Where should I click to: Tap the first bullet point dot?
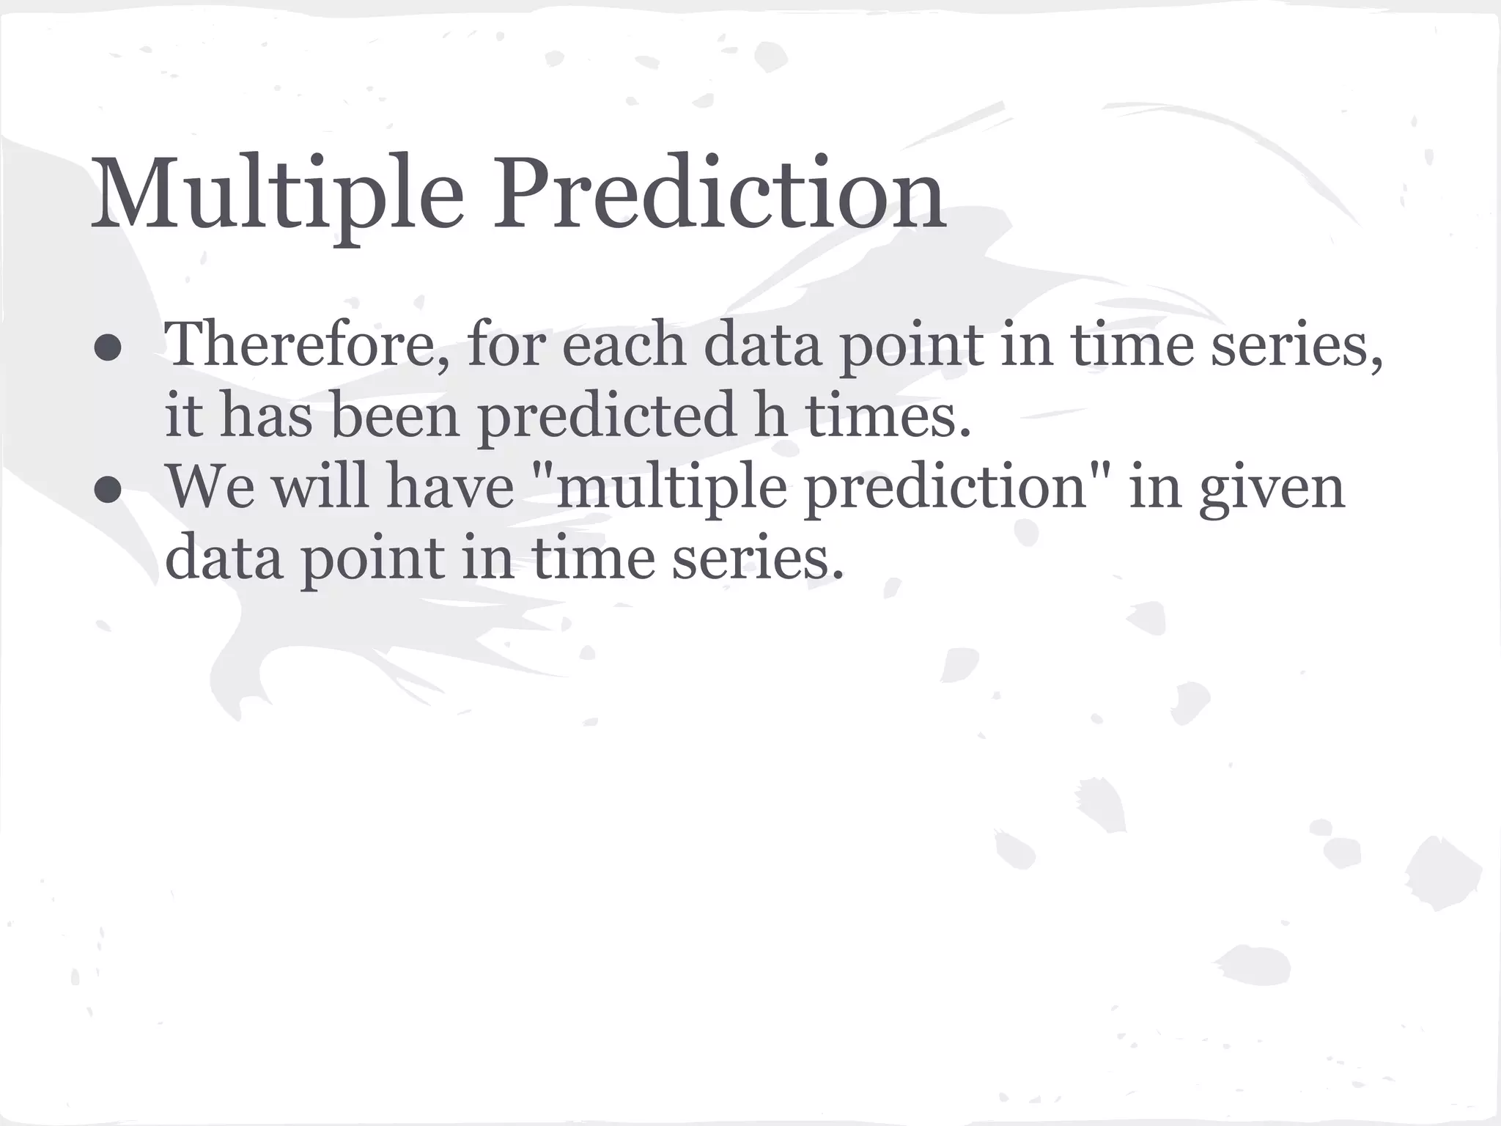point(108,349)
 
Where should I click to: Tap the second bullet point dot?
point(108,491)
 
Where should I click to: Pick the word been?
point(395,416)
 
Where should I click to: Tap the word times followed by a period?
point(888,416)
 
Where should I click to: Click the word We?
point(211,487)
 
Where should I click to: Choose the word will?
point(320,485)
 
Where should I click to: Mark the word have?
point(450,487)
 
